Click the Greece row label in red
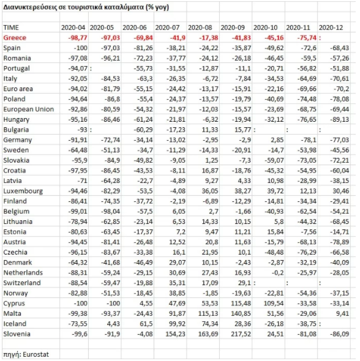click(15, 38)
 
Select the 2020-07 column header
click(167, 28)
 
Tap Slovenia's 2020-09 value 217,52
click(241, 334)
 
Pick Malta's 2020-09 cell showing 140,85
click(241, 313)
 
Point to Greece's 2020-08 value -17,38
click(208, 38)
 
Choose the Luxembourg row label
click(23, 191)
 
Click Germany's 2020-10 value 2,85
click(277, 140)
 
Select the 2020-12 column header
click(331, 28)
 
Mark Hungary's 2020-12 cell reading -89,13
click(340, 119)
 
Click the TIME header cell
click(11, 28)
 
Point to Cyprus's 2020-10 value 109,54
click(274, 303)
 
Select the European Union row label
click(29, 109)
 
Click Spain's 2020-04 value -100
click(81, 48)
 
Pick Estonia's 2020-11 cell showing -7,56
click(309, 232)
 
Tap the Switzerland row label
click(22, 283)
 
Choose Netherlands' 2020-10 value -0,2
click(277, 273)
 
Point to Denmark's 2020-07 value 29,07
click(177, 262)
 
